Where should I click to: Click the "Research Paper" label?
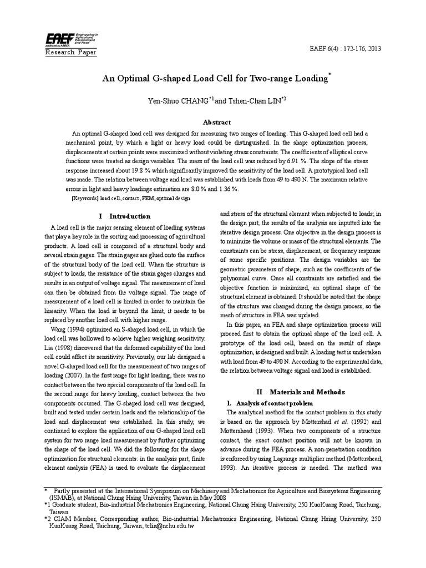(x=70, y=52)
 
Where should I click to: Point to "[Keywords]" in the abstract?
(x=86, y=197)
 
